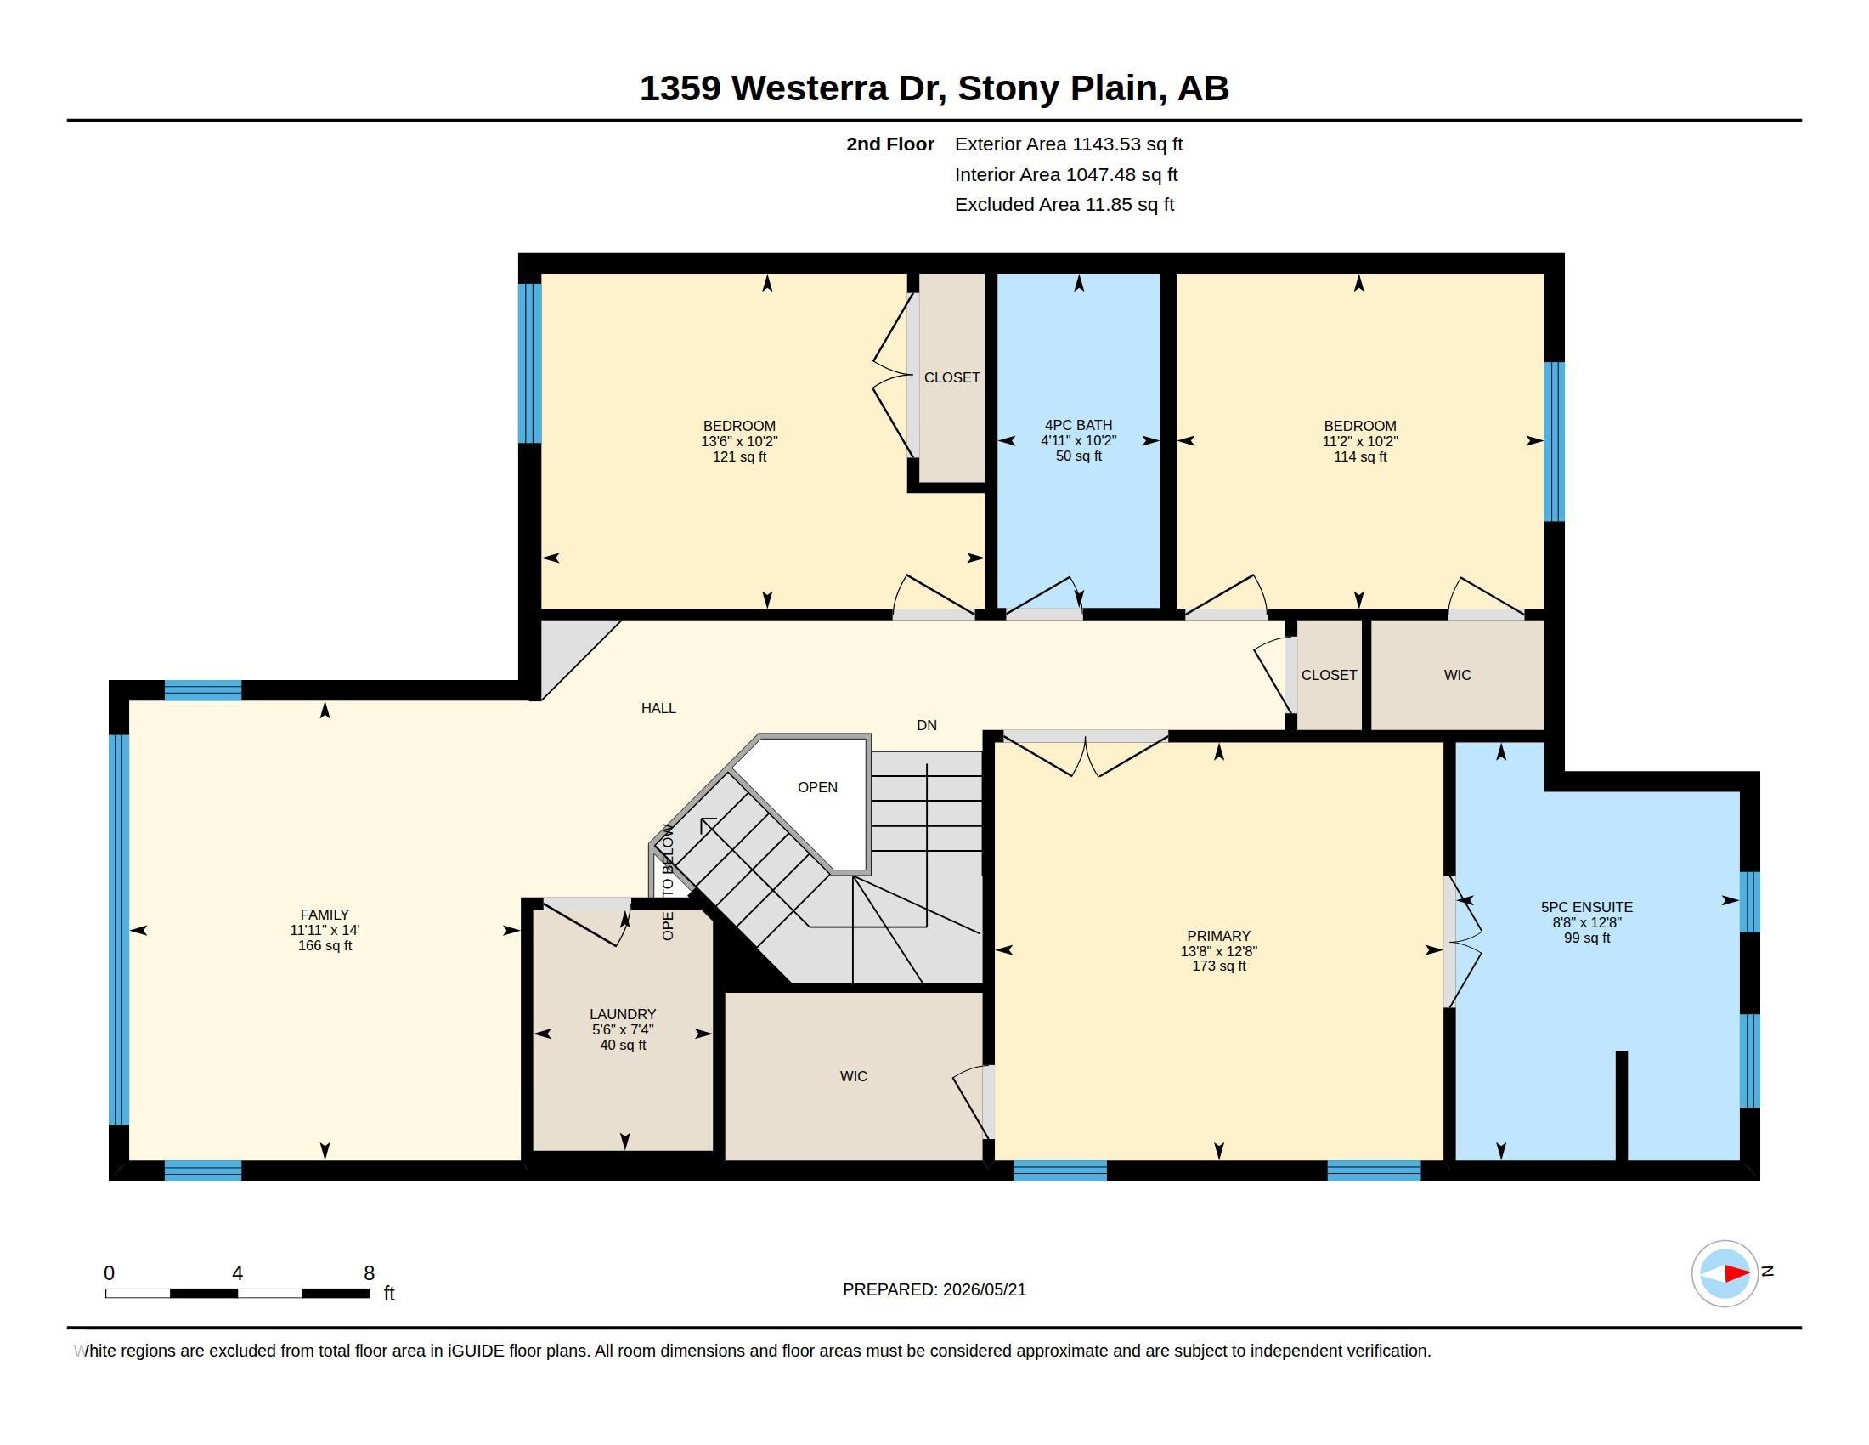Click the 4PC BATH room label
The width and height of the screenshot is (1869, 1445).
click(1078, 426)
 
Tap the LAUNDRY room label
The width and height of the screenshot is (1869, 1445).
click(622, 1014)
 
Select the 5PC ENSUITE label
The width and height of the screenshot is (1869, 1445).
click(1587, 908)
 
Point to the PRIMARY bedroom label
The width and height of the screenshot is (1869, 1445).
click(1218, 937)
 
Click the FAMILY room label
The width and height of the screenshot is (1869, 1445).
click(325, 915)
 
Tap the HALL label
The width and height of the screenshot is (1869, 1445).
click(658, 708)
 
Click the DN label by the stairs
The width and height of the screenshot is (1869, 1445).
click(927, 725)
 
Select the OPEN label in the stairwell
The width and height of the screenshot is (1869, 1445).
click(817, 788)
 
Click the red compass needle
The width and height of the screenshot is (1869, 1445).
click(1736, 1274)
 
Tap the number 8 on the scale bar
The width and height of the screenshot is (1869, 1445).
click(369, 1273)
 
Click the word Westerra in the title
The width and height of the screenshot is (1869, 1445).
click(810, 88)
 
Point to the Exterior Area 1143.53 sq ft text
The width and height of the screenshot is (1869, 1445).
click(1069, 144)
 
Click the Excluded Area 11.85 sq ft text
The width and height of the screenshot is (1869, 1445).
click(1064, 205)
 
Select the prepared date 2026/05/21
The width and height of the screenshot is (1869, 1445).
click(984, 1289)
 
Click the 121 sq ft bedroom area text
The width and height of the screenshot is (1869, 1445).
click(739, 457)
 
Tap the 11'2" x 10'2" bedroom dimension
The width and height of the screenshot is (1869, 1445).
click(1360, 442)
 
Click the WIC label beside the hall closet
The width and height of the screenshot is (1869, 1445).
click(1457, 676)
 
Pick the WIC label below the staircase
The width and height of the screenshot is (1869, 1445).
click(853, 1076)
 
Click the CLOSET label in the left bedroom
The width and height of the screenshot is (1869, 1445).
click(951, 377)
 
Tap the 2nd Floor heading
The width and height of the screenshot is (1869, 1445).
click(890, 144)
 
